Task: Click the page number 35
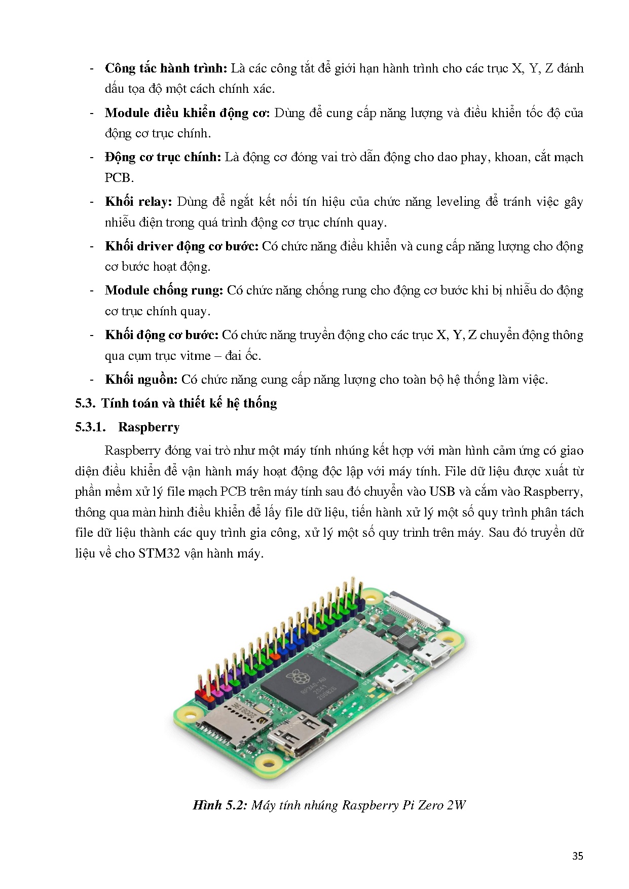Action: [577, 856]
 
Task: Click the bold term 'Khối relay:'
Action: [138, 202]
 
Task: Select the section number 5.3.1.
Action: [90, 427]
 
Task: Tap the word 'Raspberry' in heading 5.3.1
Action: [149, 427]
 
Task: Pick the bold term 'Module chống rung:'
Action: [164, 290]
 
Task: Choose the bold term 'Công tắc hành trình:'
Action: [166, 68]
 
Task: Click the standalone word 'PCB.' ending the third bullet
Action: [119, 178]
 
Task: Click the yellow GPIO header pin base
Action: [314, 632]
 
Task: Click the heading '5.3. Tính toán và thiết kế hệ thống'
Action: [176, 403]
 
